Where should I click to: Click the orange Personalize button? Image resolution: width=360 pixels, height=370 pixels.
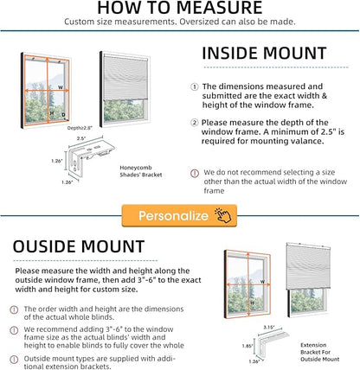click(x=179, y=215)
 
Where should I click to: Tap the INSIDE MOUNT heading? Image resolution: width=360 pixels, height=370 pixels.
click(x=264, y=54)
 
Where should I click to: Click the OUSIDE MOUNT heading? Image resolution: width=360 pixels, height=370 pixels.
click(x=79, y=246)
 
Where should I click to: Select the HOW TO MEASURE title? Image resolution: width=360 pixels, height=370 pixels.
click(x=180, y=8)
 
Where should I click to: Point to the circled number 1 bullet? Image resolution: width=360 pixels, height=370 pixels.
click(x=195, y=86)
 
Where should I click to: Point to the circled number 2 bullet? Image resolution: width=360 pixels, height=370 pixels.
click(x=195, y=123)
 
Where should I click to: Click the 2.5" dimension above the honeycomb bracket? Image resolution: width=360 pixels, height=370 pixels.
click(x=81, y=138)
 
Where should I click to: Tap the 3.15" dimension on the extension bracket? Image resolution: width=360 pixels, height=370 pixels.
click(x=269, y=328)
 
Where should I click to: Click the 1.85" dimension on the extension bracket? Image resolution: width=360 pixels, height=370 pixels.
click(x=247, y=346)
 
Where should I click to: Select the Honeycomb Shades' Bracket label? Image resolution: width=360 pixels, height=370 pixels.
click(x=141, y=171)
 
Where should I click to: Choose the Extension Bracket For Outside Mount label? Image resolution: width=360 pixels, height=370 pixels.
click(x=319, y=352)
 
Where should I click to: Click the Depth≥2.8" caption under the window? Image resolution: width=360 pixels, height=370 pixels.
click(x=80, y=128)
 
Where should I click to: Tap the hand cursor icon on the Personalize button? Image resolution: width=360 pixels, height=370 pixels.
click(x=222, y=215)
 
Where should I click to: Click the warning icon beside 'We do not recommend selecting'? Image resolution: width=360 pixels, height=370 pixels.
click(x=195, y=173)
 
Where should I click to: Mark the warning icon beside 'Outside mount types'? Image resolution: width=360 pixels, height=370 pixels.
click(x=14, y=360)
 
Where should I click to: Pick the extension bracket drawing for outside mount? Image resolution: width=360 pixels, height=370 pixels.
click(x=273, y=344)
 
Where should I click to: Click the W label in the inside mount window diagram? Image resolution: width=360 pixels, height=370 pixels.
click(x=61, y=87)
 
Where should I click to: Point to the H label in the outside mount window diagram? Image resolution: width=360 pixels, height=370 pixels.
click(x=252, y=303)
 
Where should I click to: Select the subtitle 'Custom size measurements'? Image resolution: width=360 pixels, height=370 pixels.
click(x=180, y=22)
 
